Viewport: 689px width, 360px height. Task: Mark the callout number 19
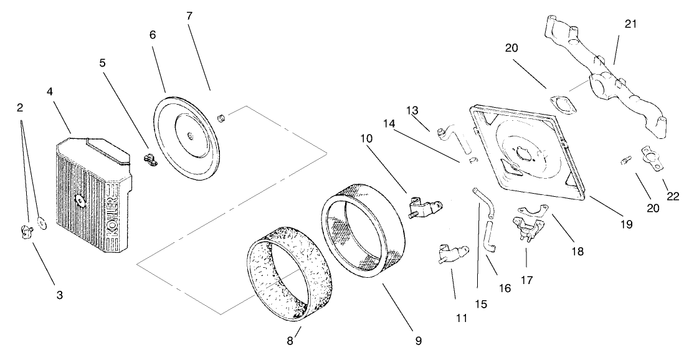(625, 223)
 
